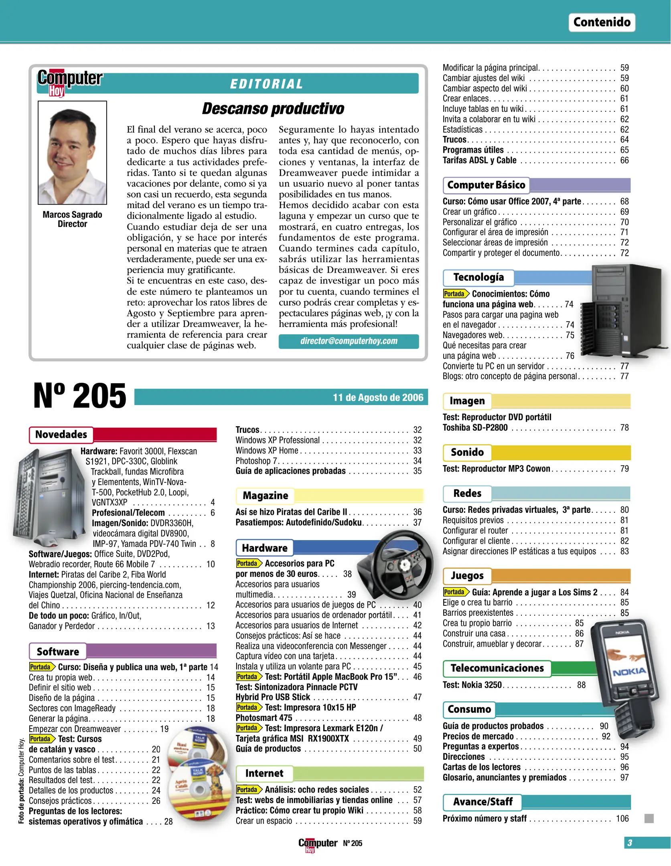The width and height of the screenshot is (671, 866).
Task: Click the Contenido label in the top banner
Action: pyautogui.click(x=601, y=22)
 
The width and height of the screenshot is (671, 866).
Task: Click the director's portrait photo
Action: pyautogui.click(x=72, y=152)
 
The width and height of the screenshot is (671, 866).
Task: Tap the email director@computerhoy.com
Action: pyautogui.click(x=349, y=341)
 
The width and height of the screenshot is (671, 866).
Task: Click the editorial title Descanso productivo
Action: pyautogui.click(x=273, y=108)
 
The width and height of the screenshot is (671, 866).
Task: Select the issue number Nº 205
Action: pyautogui.click(x=79, y=396)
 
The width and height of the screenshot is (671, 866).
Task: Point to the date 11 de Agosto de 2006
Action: pyautogui.click(x=378, y=397)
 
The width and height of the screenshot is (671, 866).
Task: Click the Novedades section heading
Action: pyautogui.click(x=61, y=435)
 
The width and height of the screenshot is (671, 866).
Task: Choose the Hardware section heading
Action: pyautogui.click(x=264, y=548)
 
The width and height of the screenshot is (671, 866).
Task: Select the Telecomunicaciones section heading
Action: pyautogui.click(x=497, y=668)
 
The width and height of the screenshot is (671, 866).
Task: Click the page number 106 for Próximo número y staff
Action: pyautogui.click(x=622, y=819)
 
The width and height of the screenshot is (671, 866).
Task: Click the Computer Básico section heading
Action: pyautogui.click(x=486, y=185)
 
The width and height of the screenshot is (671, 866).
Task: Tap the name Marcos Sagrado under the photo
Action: pyautogui.click(x=72, y=215)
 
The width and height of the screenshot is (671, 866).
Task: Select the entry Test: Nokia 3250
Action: pyautogui.click(x=472, y=685)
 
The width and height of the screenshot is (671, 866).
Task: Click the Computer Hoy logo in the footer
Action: pyautogui.click(x=317, y=844)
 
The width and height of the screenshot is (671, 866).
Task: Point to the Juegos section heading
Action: pyautogui.click(x=467, y=576)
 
